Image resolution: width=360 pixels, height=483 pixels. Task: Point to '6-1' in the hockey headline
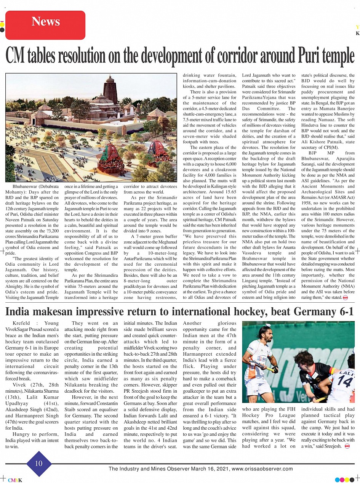tap(345, 312)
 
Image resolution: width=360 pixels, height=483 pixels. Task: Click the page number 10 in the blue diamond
tap(39, 464)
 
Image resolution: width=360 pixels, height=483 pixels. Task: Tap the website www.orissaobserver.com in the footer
tap(262, 469)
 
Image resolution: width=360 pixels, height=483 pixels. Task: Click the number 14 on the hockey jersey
tap(345, 380)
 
